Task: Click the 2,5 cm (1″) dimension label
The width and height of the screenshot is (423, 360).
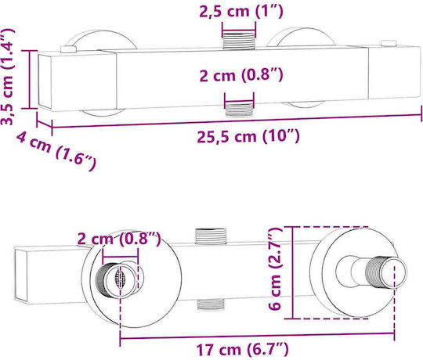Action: [x=241, y=12]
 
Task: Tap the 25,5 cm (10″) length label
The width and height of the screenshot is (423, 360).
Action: [x=248, y=136]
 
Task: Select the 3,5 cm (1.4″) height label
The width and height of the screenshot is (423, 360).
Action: [x=8, y=77]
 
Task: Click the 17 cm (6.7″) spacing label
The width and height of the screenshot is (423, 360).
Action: [x=242, y=350]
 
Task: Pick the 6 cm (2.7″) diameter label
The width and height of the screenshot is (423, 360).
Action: [x=275, y=268]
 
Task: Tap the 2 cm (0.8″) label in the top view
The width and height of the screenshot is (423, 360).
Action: [x=241, y=75]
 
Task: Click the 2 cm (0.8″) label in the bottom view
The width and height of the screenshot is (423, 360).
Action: [x=119, y=239]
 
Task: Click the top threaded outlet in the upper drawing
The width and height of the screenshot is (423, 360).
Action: [x=239, y=39]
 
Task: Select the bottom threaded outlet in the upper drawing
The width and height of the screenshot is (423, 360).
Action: [x=239, y=109]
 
